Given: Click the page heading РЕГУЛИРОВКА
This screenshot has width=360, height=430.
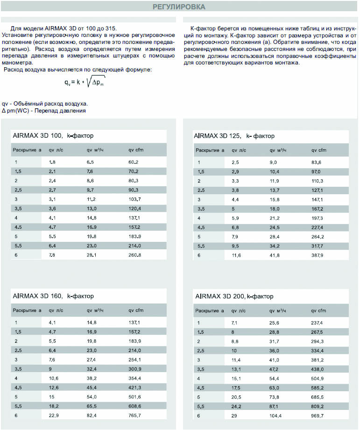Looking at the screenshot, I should pyautogui.click(x=179, y=7).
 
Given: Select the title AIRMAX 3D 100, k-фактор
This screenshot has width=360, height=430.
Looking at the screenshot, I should pyautogui.click(x=52, y=136).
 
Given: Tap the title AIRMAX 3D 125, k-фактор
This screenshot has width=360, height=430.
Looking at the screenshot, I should pyautogui.click(x=234, y=136).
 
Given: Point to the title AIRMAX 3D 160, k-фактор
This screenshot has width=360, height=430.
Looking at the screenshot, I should pyautogui.click(x=53, y=296).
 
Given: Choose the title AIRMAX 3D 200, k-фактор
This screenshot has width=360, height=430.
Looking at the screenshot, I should pyautogui.click(x=234, y=296).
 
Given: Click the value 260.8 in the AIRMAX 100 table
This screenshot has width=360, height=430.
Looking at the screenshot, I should pyautogui.click(x=134, y=255).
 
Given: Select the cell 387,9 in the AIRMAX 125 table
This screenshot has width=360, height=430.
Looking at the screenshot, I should pyautogui.click(x=318, y=255).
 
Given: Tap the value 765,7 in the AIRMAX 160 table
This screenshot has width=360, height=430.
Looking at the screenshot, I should pyautogui.click(x=134, y=415).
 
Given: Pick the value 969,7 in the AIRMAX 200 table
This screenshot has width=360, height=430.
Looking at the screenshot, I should pyautogui.click(x=318, y=415).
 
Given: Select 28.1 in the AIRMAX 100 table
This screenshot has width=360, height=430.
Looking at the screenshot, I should pyautogui.click(x=91, y=255).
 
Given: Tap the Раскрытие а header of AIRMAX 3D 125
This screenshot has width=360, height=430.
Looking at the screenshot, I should pyautogui.click(x=210, y=150).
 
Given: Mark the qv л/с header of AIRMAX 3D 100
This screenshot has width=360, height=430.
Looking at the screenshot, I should pyautogui.click(x=56, y=150).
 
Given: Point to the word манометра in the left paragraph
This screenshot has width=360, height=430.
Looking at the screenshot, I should pyautogui.click(x=17, y=62).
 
